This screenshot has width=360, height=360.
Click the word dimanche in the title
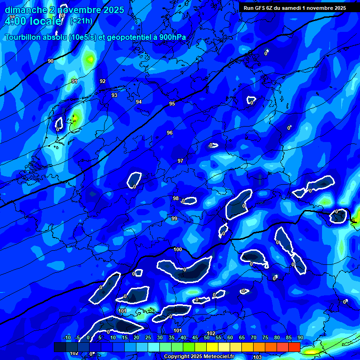[x=25, y=10]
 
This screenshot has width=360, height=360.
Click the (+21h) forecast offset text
[x=81, y=21]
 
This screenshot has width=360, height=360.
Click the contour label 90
[x=51, y=61]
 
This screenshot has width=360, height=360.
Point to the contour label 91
[x=75, y=81]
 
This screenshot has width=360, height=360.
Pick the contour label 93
[x=114, y=95]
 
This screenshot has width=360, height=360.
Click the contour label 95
[x=172, y=104]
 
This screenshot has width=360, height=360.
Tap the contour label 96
[x=170, y=133]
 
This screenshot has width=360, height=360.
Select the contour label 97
[x=180, y=161]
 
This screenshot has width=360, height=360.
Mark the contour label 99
[x=174, y=218]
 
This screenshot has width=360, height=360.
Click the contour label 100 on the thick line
[x=178, y=249]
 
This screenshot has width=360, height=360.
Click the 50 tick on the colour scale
[x=207, y=337]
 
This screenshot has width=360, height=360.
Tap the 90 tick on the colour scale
[x=300, y=337]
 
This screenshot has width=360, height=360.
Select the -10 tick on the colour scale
[x=67, y=337]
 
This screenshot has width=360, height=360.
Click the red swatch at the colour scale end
[x=294, y=347]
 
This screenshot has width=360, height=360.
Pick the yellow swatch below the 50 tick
[x=212, y=347]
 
